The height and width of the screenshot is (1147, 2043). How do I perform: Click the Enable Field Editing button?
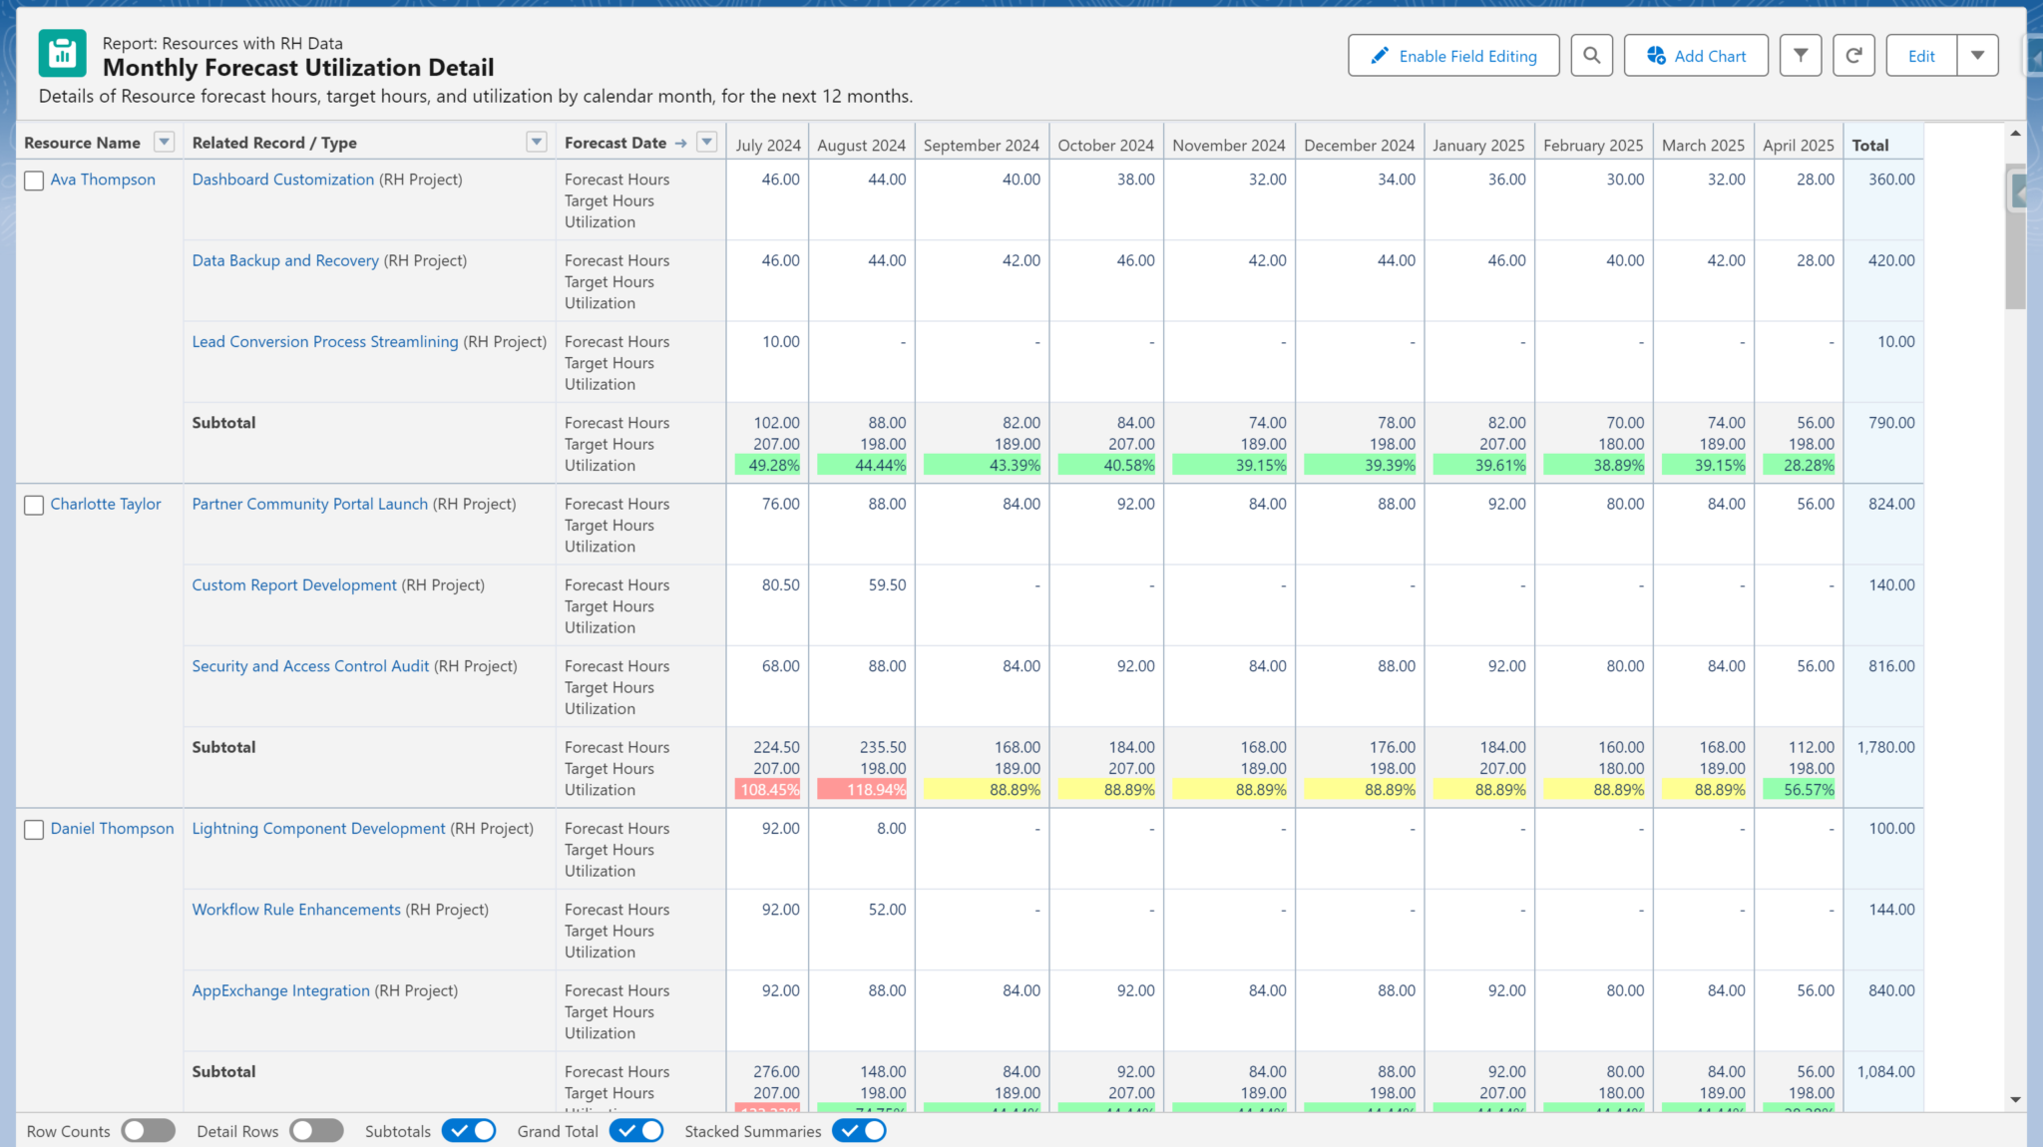pyautogui.click(x=1452, y=56)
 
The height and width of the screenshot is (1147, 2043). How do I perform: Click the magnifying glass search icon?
pyautogui.click(x=1591, y=56)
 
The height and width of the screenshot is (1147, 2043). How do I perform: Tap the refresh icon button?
pyautogui.click(x=1852, y=56)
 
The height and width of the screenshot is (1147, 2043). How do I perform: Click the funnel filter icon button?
pyautogui.click(x=1800, y=56)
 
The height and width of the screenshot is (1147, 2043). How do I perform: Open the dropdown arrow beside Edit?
pyautogui.click(x=1977, y=56)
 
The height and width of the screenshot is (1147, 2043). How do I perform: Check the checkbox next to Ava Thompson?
pyautogui.click(x=34, y=181)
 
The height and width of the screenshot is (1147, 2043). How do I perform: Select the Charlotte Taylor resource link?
pyautogui.click(x=106, y=504)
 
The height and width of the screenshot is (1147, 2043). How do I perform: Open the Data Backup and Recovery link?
pyautogui.click(x=285, y=260)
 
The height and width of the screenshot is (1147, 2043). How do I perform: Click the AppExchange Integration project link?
pyautogui.click(x=280, y=990)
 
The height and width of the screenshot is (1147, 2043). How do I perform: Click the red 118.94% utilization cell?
pyautogui.click(x=863, y=790)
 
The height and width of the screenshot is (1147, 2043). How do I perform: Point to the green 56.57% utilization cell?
pyautogui.click(x=1799, y=790)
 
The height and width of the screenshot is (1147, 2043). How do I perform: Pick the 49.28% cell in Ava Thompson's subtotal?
pyautogui.click(x=768, y=466)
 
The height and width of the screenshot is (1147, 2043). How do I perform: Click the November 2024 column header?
pyautogui.click(x=1228, y=145)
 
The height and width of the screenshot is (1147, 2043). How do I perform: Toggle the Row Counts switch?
pyautogui.click(x=148, y=1131)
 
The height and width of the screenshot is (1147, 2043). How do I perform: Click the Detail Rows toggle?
pyautogui.click(x=316, y=1131)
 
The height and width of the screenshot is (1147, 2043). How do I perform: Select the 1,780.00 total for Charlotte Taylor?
pyautogui.click(x=1884, y=747)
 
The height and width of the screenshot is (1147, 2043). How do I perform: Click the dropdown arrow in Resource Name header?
pyautogui.click(x=165, y=142)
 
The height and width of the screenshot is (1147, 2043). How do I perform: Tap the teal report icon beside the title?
pyautogui.click(x=63, y=54)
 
